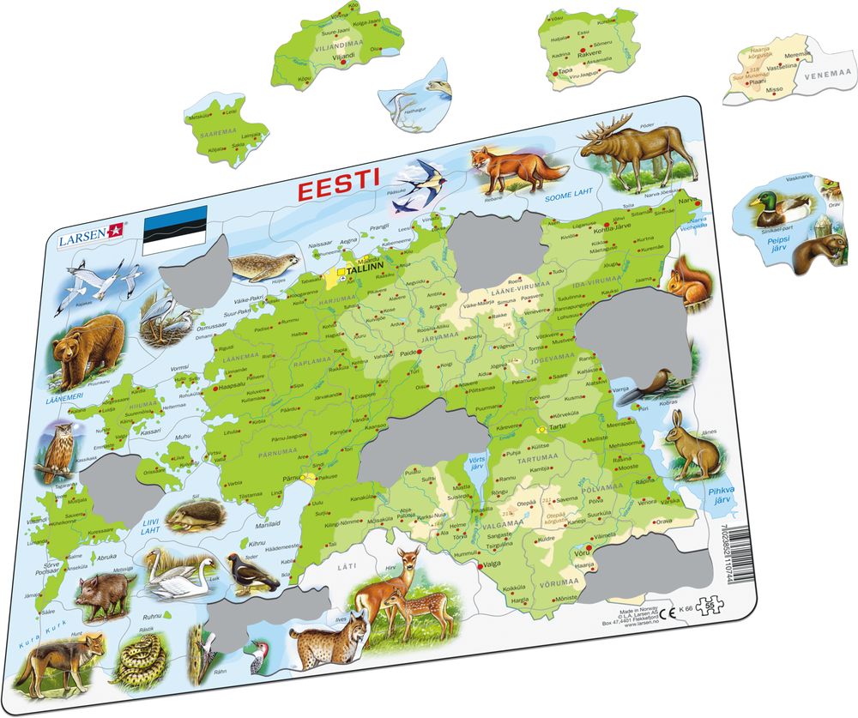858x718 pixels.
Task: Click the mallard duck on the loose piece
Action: tap(781, 208)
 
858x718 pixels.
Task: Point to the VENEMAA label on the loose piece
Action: tap(827, 75)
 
